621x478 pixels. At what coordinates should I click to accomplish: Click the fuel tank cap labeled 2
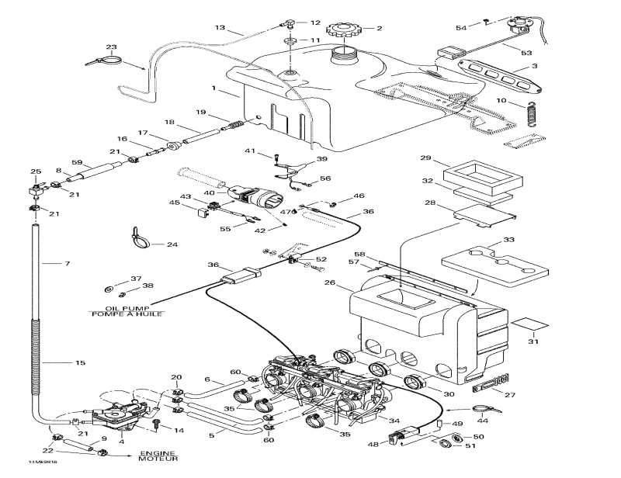coord(342,30)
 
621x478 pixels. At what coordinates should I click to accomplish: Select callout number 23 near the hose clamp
coord(111,47)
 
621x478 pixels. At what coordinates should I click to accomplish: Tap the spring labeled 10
coord(532,114)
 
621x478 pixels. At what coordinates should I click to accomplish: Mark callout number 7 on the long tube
coord(67,264)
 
